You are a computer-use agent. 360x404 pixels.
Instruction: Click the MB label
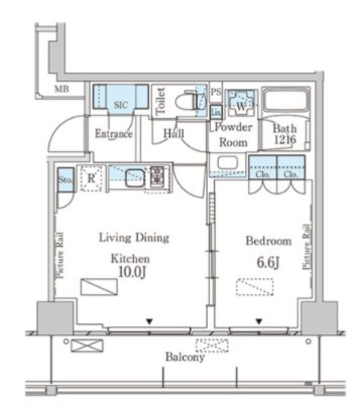(x=62, y=89)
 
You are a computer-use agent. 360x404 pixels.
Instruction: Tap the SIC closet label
(x=121, y=105)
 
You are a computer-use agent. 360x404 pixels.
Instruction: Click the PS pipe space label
(x=216, y=92)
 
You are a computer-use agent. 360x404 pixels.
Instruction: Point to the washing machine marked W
(x=241, y=103)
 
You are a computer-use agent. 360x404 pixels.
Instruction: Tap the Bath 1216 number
(x=285, y=140)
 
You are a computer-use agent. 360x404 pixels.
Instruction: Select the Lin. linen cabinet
(x=216, y=112)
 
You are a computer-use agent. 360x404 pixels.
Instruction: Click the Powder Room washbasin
(x=227, y=163)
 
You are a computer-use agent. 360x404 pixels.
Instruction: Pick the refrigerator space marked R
(x=91, y=178)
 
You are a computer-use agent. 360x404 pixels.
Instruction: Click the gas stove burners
(x=157, y=176)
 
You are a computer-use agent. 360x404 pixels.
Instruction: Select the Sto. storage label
(x=65, y=179)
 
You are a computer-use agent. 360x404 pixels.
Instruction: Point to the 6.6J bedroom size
(x=268, y=263)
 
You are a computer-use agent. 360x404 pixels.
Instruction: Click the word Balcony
(x=185, y=357)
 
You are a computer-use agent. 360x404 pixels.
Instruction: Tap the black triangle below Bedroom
(x=259, y=321)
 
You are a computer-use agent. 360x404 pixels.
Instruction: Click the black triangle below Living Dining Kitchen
(x=149, y=321)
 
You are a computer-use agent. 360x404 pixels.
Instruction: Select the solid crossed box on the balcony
(x=87, y=346)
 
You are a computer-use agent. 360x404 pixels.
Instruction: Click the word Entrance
(x=114, y=134)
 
